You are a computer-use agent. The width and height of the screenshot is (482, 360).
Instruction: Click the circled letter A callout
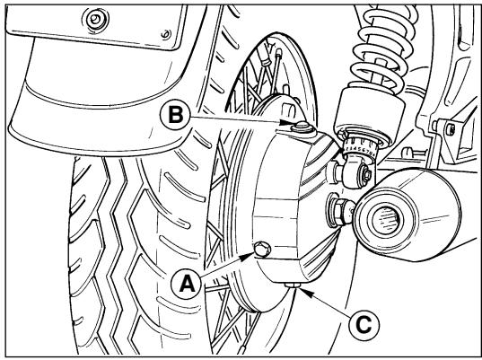(187, 284)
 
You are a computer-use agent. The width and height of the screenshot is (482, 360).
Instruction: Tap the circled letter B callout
(176, 116)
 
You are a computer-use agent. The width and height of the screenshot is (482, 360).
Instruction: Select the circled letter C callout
(364, 325)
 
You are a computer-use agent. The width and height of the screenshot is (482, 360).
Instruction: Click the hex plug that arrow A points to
(263, 249)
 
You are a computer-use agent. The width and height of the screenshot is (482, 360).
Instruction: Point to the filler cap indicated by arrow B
(302, 127)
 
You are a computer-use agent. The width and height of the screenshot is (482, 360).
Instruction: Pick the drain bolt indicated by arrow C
(293, 285)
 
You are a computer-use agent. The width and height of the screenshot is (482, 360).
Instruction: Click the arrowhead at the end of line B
(285, 123)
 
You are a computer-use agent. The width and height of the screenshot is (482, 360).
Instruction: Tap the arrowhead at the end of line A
(249, 257)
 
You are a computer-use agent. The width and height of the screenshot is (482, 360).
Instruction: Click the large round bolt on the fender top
(96, 20)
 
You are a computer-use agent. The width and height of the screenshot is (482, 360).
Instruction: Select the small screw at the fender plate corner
(166, 34)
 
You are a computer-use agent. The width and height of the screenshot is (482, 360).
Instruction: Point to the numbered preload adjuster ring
(361, 147)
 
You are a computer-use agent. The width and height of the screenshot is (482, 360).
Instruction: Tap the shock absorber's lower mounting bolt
(367, 174)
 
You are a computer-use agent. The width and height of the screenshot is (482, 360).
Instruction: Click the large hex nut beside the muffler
(339, 212)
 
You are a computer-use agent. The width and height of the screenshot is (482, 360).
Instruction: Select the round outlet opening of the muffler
(387, 218)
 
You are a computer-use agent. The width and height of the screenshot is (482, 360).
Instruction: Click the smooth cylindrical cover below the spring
(369, 111)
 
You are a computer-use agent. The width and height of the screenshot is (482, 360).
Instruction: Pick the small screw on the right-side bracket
(451, 129)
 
